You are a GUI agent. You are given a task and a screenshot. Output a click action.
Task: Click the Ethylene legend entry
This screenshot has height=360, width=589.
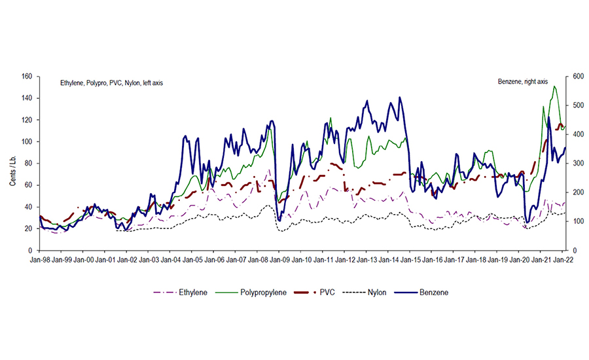point(190,292)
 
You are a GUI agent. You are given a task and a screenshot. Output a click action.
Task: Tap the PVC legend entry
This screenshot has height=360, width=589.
point(326,292)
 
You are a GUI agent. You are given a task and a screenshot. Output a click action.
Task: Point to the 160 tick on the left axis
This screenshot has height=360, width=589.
point(27,77)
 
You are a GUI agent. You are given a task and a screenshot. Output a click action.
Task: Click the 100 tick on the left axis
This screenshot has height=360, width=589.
point(27,141)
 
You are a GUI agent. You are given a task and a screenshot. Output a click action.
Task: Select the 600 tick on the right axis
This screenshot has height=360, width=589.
point(579,77)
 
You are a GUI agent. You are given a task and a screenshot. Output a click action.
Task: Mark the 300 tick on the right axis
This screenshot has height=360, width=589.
point(579,164)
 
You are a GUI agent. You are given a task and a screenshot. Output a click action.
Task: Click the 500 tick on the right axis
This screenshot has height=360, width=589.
point(579,105)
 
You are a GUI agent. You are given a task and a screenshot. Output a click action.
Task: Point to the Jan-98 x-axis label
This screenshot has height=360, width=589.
point(40,260)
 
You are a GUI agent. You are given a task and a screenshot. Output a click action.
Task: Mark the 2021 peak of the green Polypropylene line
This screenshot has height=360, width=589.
point(555,86)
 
